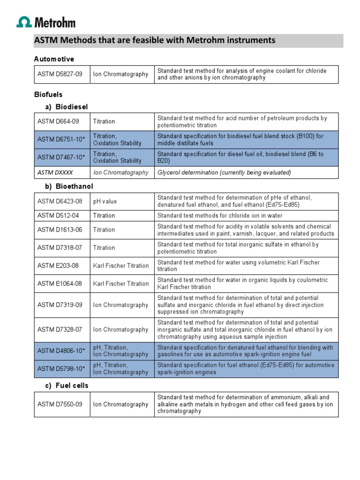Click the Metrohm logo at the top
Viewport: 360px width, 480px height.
[46, 22]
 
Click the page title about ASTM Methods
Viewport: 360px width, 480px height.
[155, 40]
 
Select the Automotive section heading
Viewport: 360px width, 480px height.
[54, 59]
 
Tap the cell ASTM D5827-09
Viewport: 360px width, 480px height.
[60, 74]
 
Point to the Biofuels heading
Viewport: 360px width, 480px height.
[48, 95]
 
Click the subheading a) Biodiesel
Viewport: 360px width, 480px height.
[66, 106]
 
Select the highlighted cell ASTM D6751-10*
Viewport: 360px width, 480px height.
[61, 140]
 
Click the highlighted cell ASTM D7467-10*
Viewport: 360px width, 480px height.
[61, 157]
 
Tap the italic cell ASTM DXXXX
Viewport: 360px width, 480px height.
[55, 172]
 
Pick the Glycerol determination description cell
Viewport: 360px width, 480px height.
[224, 172]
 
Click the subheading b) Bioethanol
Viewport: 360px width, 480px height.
[69, 187]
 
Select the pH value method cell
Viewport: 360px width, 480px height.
[105, 202]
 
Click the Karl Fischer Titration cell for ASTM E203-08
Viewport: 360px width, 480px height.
[121, 266]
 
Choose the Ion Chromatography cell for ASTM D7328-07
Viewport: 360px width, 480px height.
[121, 330]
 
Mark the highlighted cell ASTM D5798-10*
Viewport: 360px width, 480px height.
[61, 368]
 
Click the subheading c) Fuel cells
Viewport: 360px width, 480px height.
[67, 385]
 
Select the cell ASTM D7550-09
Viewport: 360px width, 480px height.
[60, 404]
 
